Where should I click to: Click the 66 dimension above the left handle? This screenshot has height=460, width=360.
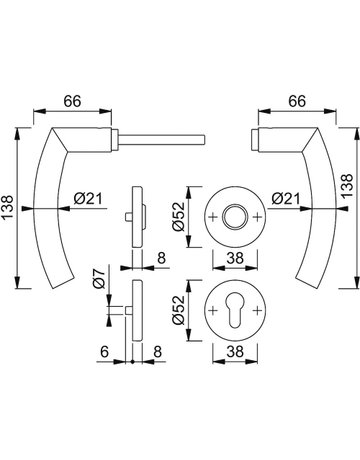(x=73, y=101)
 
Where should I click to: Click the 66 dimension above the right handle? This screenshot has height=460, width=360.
(x=297, y=101)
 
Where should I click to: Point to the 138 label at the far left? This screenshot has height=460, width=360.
(x=7, y=207)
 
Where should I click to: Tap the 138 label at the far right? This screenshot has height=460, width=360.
(x=347, y=186)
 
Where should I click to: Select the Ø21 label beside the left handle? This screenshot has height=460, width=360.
(x=88, y=199)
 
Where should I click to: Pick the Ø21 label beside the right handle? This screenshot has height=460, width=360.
(x=286, y=199)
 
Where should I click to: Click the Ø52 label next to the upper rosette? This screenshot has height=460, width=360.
(x=178, y=217)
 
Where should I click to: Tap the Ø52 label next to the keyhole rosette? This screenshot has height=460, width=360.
(x=178, y=310)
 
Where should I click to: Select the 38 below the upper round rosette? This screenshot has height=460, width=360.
(x=235, y=258)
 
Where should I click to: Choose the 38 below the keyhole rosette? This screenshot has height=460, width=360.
(x=235, y=351)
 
